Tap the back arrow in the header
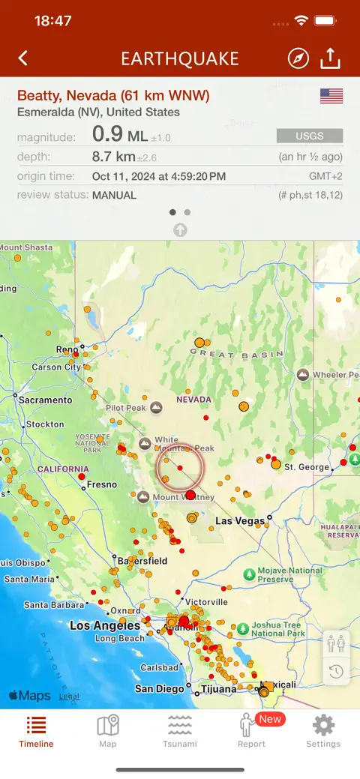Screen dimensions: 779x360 [x=23, y=58]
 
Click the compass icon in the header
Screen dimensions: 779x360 [x=298, y=58]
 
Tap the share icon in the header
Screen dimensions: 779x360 [x=330, y=58]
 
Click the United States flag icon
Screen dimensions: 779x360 [x=331, y=96]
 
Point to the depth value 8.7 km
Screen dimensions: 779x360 [x=113, y=157]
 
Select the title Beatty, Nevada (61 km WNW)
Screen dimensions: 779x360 [x=113, y=95]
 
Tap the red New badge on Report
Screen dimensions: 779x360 [x=270, y=719]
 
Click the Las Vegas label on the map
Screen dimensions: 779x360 [x=240, y=520]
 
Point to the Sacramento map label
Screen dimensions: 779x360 [x=46, y=400]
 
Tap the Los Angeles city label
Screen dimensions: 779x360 [x=105, y=625]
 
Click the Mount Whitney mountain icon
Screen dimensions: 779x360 [x=143, y=497]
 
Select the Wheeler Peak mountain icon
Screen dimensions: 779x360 [x=303, y=374]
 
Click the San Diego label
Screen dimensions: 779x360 [x=160, y=688]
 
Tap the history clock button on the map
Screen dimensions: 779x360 [x=336, y=672]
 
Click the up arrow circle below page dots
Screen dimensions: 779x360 [x=180, y=230]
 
